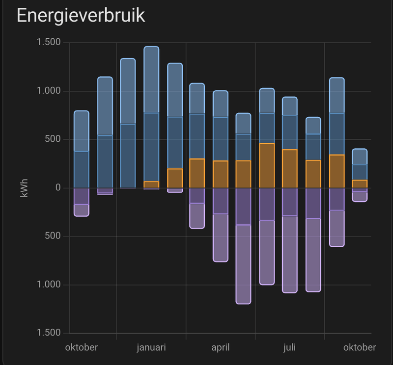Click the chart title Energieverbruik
pyautogui.click(x=81, y=15)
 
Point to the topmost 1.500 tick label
pyautogui.click(x=49, y=42)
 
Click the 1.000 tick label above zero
pyautogui.click(x=49, y=91)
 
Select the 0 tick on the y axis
pyautogui.click(x=57, y=188)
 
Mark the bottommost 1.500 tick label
pyautogui.click(x=49, y=333)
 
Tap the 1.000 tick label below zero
pyautogui.click(x=49, y=285)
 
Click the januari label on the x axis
pyautogui.click(x=151, y=347)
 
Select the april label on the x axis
pyautogui.click(x=220, y=347)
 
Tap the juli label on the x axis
pyautogui.click(x=290, y=347)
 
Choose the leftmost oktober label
pyautogui.click(x=82, y=347)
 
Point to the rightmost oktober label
pyautogui.click(x=360, y=347)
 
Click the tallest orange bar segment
pyautogui.click(x=267, y=166)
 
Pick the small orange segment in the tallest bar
pyautogui.click(x=151, y=184)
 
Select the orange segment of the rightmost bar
pyautogui.click(x=360, y=184)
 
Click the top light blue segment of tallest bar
pyautogui.click(x=151, y=80)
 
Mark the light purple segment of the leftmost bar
pyautogui.click(x=81, y=210)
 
